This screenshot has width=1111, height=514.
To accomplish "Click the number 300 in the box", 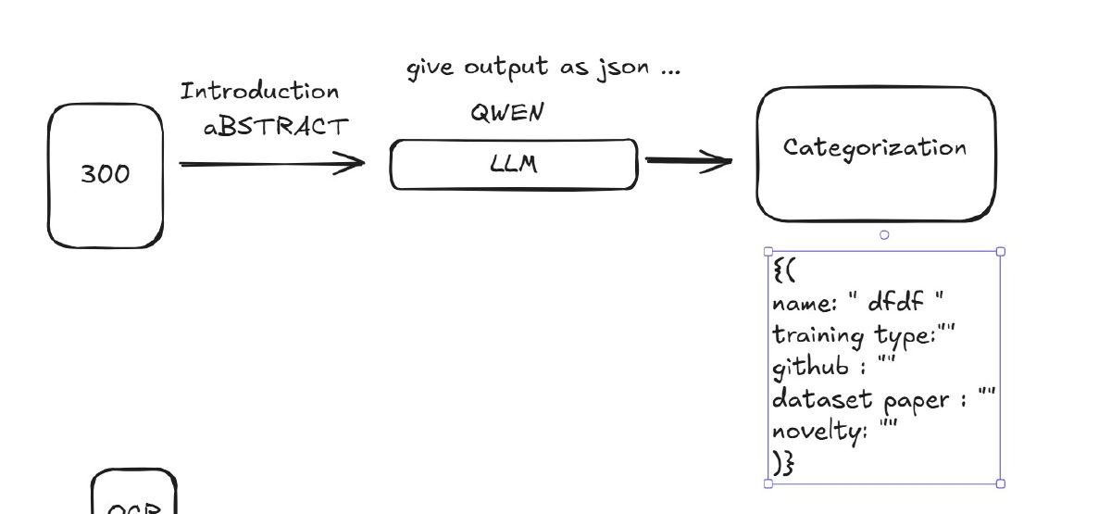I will pos(106,174).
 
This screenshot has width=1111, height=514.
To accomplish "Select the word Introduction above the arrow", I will pos(259,92).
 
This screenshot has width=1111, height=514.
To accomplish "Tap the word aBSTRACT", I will pos(277,127).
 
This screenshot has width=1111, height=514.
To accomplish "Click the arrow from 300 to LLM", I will pos(271,165).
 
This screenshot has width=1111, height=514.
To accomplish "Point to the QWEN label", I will pos(506,113).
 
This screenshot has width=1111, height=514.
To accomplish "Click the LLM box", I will pos(514,165).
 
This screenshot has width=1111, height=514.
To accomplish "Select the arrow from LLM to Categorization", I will pos(688,161).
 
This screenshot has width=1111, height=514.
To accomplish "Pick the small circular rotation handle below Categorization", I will pos(884,235).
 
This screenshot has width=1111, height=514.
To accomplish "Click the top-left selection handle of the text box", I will pos(768,251).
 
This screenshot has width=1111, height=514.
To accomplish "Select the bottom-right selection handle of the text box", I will pos(1000,483).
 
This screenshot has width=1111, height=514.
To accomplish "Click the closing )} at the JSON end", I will pos(782,463).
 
